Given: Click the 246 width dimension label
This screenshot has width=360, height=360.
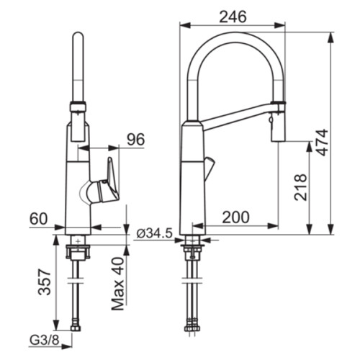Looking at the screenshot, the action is click(233, 17).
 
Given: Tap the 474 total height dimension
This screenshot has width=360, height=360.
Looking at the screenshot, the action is click(322, 143).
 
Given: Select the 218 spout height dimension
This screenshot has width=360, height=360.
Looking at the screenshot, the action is click(300, 187).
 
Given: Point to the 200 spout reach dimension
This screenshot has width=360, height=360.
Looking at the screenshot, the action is click(235, 217).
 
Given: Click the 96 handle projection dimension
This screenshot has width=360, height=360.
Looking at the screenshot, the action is click(136, 139).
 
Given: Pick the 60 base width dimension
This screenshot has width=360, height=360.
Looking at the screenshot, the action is click(39, 219).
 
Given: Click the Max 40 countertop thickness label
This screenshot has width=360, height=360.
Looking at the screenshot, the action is click(118, 284).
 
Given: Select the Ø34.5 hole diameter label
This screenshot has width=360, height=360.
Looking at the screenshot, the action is click(154, 233).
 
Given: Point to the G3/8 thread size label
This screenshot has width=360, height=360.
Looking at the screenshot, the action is click(44, 340).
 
